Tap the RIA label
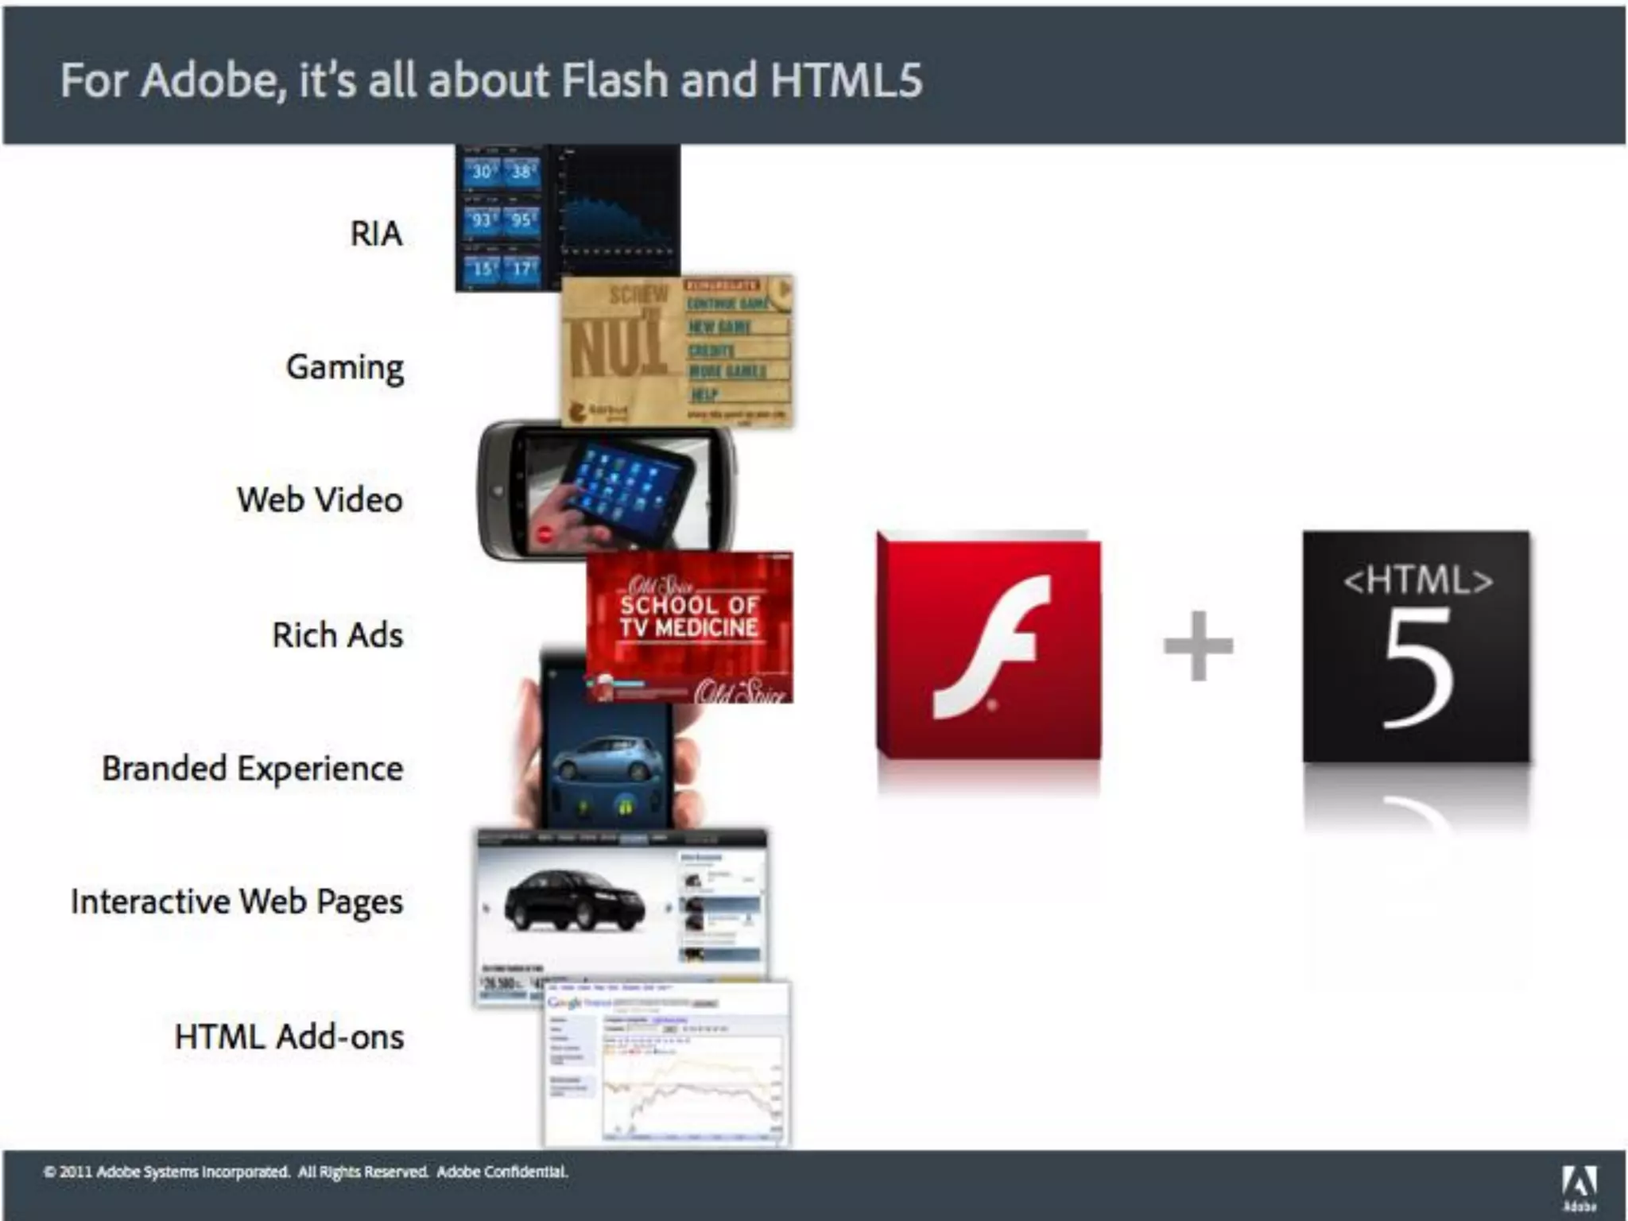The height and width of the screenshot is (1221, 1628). tap(376, 234)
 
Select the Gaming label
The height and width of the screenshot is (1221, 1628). tap(345, 367)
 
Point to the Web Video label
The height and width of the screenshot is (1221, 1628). tap(320, 500)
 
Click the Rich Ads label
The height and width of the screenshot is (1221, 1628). tap(337, 635)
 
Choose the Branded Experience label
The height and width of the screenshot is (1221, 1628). tap(252, 769)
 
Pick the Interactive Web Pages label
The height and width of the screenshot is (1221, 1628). tap(237, 901)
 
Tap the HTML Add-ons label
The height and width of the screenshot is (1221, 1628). tap(289, 1037)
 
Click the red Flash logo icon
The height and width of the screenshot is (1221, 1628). tap(989, 645)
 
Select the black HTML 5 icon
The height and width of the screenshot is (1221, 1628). tap(1417, 645)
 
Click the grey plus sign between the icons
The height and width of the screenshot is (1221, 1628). tap(1199, 645)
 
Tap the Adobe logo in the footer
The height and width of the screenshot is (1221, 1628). tap(1580, 1184)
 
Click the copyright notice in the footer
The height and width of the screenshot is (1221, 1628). tap(306, 1172)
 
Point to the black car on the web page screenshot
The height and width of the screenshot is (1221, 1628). tap(575, 899)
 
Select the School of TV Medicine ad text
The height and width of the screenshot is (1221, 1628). tap(689, 616)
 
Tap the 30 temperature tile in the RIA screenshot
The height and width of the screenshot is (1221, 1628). tap(482, 172)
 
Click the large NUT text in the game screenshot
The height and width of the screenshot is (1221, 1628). tap(617, 350)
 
